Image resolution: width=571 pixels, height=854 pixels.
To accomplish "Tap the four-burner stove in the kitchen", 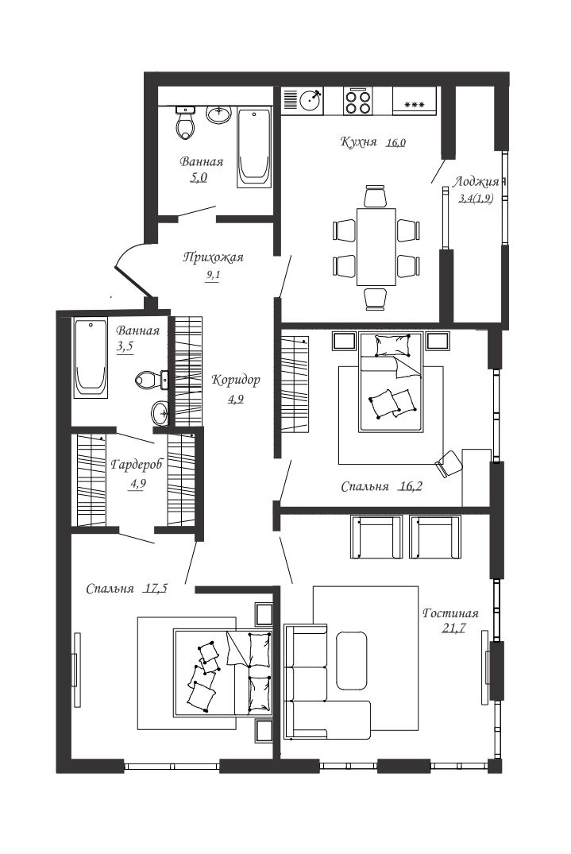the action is (357, 101).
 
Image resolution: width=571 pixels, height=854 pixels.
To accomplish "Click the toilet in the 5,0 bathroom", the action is (186, 122).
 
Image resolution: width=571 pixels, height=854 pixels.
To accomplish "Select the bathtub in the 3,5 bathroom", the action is (91, 359).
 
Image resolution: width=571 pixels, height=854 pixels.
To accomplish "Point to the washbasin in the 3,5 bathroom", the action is (160, 412).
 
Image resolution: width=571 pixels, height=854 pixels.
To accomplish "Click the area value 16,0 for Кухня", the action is (396, 143).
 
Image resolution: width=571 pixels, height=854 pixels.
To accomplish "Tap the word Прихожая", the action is (213, 257).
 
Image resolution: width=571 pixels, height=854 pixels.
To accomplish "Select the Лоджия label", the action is (476, 182).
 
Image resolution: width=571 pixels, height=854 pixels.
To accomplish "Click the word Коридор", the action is (236, 380).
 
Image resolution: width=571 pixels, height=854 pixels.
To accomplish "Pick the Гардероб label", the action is (137, 465).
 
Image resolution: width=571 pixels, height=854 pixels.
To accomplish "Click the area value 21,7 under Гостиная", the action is (453, 628).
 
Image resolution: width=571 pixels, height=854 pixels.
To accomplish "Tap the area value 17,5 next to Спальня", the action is (156, 588).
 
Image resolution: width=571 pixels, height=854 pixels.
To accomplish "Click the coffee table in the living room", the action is (351, 660).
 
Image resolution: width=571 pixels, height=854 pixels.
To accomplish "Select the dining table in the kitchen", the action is (376, 246).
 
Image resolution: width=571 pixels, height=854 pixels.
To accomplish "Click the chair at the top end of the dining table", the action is (376, 196).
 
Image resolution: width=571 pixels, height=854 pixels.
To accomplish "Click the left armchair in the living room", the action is (376, 537).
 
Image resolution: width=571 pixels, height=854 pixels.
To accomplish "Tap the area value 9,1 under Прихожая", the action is (213, 275).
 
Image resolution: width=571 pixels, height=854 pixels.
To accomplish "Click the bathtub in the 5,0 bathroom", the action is (254, 147).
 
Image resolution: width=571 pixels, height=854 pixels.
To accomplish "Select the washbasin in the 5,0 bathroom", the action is (218, 114).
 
